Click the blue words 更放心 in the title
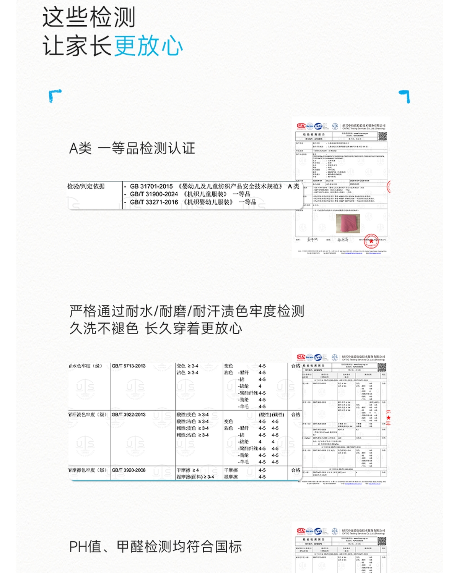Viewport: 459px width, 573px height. (x=148, y=46)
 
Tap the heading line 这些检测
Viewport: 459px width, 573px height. (x=89, y=18)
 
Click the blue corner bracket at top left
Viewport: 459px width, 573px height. (x=55, y=95)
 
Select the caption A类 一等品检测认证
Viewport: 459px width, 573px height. (x=132, y=148)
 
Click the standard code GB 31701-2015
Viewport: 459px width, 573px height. (x=151, y=186)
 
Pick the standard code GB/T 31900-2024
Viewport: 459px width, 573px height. (x=154, y=194)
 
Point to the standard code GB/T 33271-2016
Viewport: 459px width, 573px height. (x=154, y=202)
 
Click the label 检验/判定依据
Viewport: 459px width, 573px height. (x=86, y=186)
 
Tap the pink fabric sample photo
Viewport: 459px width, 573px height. (x=348, y=223)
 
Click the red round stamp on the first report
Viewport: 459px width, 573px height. (x=371, y=241)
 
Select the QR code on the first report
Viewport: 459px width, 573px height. (x=382, y=136)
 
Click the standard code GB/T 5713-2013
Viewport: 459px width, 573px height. (x=129, y=366)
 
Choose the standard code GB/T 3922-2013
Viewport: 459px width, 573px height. (x=129, y=414)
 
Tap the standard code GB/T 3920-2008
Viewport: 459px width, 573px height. (x=129, y=470)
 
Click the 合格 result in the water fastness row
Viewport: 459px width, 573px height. (x=296, y=366)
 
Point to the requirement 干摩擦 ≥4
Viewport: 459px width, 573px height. (x=187, y=470)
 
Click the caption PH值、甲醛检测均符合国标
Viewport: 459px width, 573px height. (x=155, y=547)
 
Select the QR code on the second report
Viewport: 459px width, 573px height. (x=382, y=367)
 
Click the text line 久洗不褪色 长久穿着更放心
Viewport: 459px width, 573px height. (x=156, y=328)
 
